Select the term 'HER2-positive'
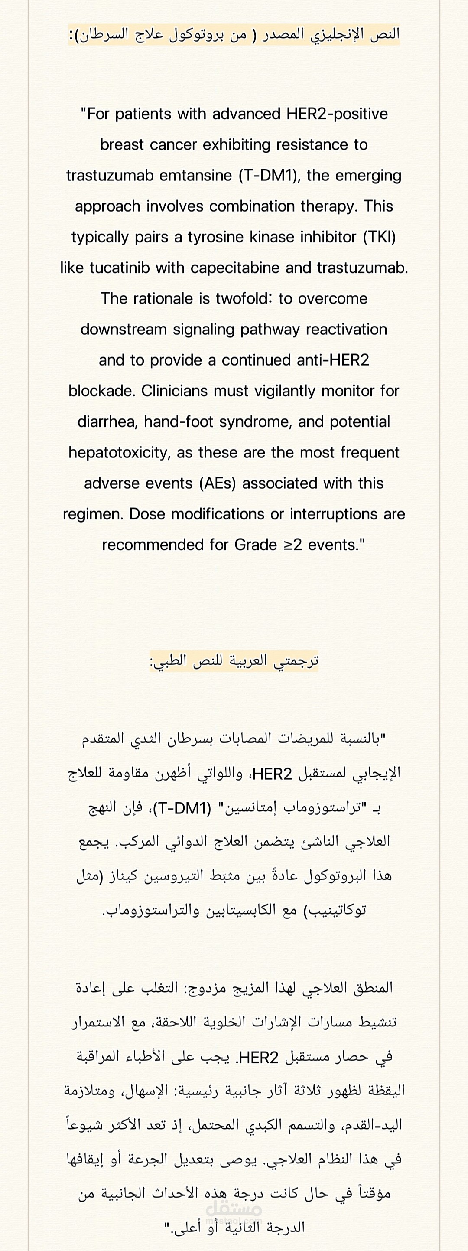click(337, 114)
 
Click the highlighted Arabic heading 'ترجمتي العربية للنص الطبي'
click(234, 661)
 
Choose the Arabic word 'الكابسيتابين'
click(246, 910)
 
